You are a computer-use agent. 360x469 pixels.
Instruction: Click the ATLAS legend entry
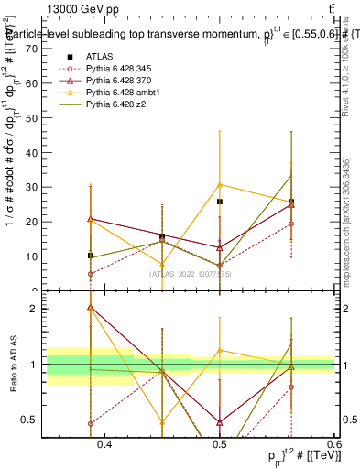pos(101,56)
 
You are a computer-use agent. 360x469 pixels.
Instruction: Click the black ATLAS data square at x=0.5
pos(220,202)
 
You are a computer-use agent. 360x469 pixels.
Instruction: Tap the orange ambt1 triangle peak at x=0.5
pos(220,185)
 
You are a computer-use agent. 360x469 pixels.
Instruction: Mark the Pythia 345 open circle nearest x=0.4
pos(91,274)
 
